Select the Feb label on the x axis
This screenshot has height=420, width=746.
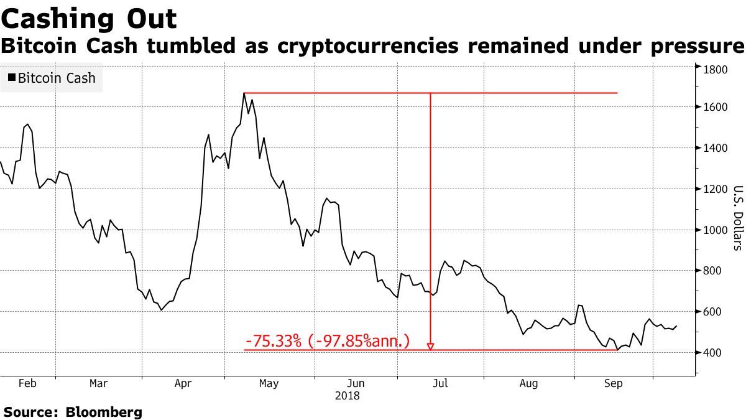pos(27,384)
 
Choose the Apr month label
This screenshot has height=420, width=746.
pos(183,384)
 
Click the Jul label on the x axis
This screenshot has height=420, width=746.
pos(440,384)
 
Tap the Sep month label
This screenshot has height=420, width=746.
pos(613,384)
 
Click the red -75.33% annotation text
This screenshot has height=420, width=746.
pos(328,341)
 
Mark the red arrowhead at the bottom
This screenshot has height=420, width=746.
pos(430,347)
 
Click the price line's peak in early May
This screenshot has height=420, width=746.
pos(244,93)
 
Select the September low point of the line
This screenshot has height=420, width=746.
pos(617,350)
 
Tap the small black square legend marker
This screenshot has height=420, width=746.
pos(11,78)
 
